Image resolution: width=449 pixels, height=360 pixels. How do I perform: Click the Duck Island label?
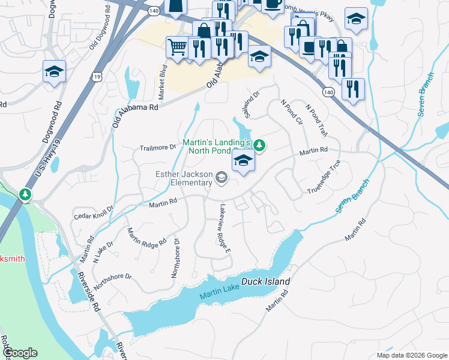(265, 281)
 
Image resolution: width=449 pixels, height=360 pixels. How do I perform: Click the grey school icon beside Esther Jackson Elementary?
(221, 176)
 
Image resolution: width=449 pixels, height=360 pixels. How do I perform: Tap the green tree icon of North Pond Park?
(259, 145)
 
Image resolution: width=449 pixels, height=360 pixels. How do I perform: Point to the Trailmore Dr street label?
(157, 147)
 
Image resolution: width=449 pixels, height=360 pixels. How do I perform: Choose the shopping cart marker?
(176, 47)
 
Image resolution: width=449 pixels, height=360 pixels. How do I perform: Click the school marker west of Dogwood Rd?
(54, 72)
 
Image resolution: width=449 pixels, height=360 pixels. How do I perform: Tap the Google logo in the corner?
(19, 353)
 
